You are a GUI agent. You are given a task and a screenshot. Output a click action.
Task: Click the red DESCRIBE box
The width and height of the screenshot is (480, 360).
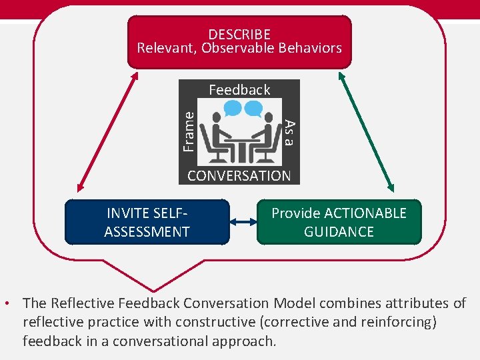click(239, 41)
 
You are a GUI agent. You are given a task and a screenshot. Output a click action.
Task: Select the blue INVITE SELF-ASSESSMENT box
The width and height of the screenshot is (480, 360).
click(147, 223)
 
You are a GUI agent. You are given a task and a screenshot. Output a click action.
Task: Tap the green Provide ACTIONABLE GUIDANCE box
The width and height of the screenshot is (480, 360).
click(339, 223)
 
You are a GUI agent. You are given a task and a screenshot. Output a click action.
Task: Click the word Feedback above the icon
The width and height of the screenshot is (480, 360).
click(239, 89)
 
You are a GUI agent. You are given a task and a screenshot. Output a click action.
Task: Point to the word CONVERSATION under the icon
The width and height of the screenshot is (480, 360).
click(239, 176)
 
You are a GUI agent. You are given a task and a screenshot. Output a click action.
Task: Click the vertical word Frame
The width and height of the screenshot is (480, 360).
click(189, 131)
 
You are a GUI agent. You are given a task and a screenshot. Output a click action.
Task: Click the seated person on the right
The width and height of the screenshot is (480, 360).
click(265, 137)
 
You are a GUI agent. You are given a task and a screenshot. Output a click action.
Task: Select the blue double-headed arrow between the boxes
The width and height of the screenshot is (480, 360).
click(243, 223)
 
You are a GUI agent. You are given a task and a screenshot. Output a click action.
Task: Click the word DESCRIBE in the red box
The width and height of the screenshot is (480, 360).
click(239, 34)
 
